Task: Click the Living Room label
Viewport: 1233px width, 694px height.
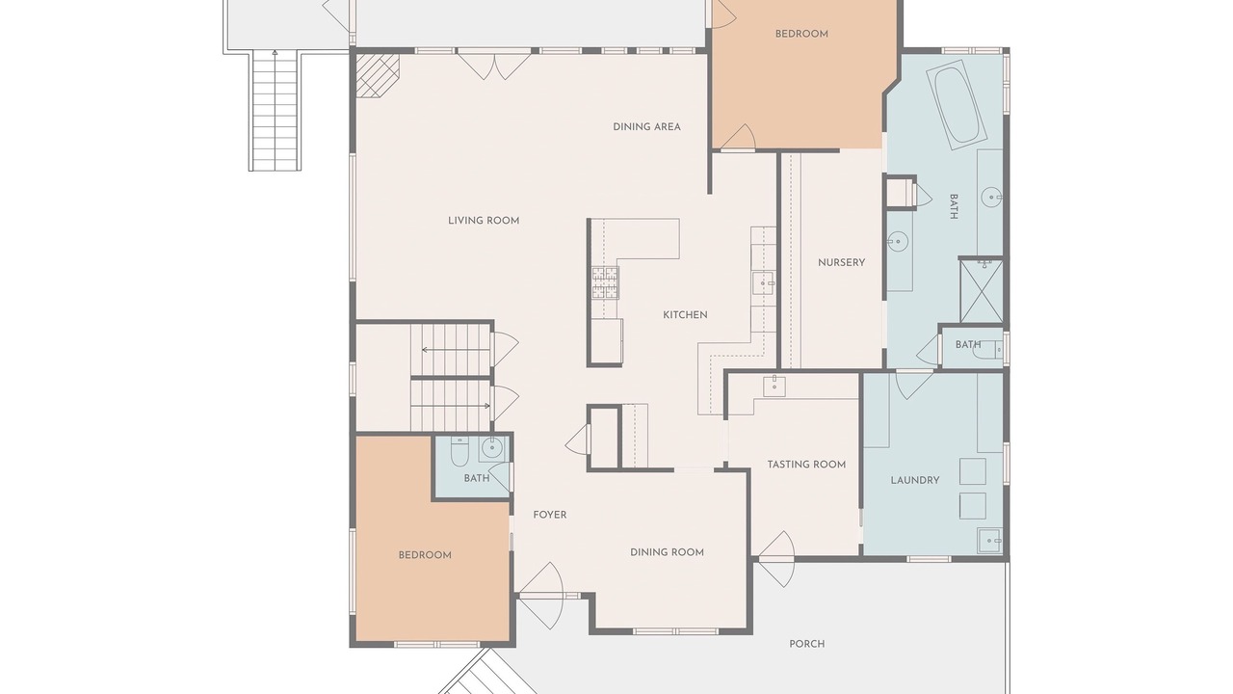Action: point(484,221)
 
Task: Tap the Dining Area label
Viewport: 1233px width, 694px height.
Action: point(646,126)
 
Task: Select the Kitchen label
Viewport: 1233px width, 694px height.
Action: point(685,315)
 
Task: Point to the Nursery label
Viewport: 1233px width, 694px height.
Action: point(841,263)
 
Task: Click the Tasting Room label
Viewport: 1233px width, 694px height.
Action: point(806,465)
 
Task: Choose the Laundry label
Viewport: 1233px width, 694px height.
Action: point(915,480)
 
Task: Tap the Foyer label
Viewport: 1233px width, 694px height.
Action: point(549,515)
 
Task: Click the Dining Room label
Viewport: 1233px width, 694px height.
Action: point(667,552)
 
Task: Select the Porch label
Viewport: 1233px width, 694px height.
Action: point(807,644)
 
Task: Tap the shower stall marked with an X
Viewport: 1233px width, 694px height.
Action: point(982,290)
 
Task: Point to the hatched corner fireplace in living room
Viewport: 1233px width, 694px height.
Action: point(377,75)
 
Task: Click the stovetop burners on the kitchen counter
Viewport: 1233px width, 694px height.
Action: point(606,282)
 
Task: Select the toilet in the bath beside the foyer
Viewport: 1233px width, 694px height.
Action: point(459,453)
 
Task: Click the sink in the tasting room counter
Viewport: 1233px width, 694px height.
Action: point(774,387)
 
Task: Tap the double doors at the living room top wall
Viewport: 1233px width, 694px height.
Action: point(494,65)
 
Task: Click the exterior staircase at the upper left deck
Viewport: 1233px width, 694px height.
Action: point(275,110)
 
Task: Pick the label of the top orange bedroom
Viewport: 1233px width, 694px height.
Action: point(801,34)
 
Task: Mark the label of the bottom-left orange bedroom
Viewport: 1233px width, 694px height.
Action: point(425,555)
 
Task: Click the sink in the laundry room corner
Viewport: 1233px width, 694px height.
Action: point(989,541)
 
